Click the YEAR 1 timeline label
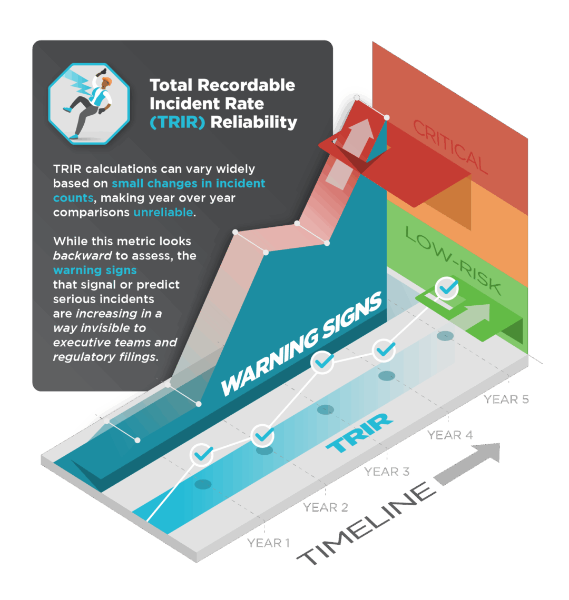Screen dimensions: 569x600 coord(268,543)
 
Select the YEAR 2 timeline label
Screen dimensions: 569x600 coord(325,507)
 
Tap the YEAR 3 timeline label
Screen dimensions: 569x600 coord(387,472)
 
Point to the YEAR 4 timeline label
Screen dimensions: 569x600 coord(450,435)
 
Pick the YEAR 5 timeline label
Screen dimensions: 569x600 coord(506,399)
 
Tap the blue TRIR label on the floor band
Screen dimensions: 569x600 coord(359,433)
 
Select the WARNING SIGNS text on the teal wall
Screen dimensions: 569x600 coord(301,344)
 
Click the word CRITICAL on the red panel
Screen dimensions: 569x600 coord(450,147)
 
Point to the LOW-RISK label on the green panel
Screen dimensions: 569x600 coord(453,261)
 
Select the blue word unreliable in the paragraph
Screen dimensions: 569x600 coord(163,212)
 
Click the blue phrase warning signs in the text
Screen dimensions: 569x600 coord(95,270)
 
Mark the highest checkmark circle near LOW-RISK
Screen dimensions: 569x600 coord(447,288)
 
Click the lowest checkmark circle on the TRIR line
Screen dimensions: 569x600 coord(202,455)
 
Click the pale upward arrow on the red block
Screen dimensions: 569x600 coord(349,154)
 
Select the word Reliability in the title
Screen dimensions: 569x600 coord(253,123)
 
